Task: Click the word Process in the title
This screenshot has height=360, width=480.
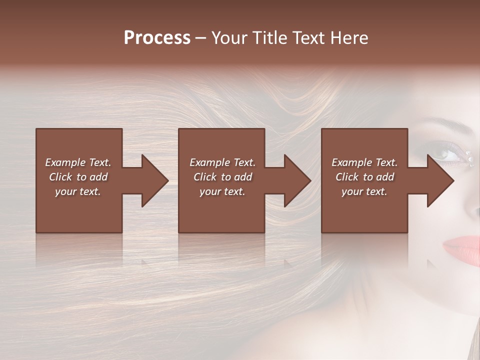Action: click(x=157, y=38)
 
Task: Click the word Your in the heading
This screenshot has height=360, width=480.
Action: click(x=229, y=38)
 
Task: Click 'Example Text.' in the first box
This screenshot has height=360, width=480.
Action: click(x=78, y=162)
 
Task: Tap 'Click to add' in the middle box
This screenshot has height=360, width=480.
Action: click(x=222, y=177)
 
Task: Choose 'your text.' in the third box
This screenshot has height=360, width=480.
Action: click(x=364, y=191)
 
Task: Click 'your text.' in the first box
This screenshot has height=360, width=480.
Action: click(x=78, y=191)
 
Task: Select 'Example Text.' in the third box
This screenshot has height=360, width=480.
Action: click(x=364, y=162)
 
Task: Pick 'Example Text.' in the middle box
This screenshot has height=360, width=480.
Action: click(x=222, y=162)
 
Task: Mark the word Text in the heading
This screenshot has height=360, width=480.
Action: click(x=305, y=38)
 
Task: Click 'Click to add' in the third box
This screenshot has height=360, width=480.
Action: click(x=364, y=177)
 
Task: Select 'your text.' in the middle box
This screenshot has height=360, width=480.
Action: click(x=222, y=191)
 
